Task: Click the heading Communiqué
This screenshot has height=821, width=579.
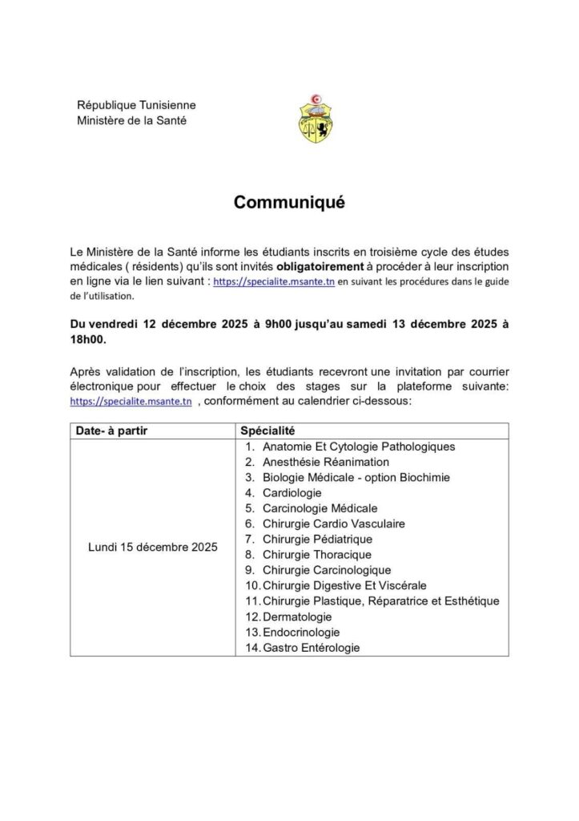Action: coord(289,203)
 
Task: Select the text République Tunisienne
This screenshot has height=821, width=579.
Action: coord(135,105)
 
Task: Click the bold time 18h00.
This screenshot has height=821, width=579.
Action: coord(87,340)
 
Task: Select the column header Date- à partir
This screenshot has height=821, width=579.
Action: coord(111,431)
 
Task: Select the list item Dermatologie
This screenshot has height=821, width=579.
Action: coord(296,616)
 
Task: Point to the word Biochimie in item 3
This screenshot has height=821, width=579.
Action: coord(424,477)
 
